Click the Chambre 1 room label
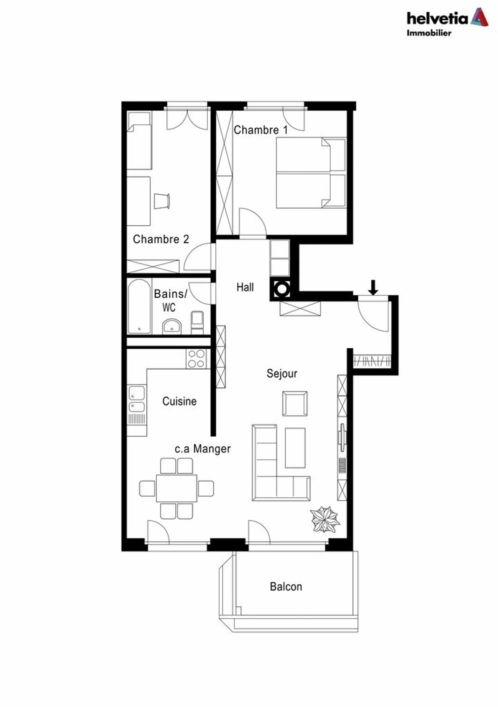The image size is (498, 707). click(x=260, y=130)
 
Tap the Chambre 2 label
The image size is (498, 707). click(x=161, y=239)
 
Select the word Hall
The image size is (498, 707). click(x=245, y=287)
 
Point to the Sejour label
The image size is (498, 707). click(x=282, y=373)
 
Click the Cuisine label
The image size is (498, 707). click(x=179, y=401)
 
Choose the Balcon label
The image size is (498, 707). click(x=286, y=587)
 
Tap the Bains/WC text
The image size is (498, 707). click(x=170, y=300)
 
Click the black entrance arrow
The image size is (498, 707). click(x=372, y=287)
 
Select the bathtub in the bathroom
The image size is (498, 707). click(x=139, y=306)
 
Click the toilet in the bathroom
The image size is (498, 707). click(x=197, y=322)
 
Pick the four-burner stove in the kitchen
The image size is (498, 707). click(x=196, y=359)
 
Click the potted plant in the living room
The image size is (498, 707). click(x=324, y=519)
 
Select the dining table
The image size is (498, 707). click(x=176, y=488)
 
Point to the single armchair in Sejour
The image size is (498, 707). click(x=295, y=403)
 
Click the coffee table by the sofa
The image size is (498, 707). click(x=295, y=448)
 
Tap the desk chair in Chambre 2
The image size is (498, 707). click(x=162, y=201)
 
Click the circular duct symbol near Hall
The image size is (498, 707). click(x=282, y=289)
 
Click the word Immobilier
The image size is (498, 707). click(x=429, y=33)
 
